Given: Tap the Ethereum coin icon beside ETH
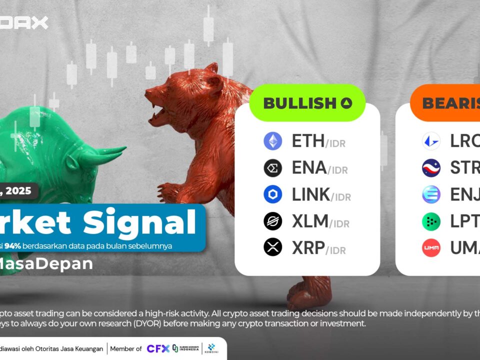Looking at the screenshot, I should tap(273, 141).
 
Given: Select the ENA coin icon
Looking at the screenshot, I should tap(273, 168).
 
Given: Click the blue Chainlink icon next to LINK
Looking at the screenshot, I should tap(273, 194).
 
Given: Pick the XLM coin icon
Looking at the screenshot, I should tap(273, 220).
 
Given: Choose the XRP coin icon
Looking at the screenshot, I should tap(273, 247).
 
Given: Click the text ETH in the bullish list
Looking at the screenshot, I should tap(308, 141).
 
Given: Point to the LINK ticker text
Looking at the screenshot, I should tap(311, 194).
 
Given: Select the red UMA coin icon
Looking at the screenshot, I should tap(431, 247).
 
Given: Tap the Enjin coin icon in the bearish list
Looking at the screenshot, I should tap(431, 194).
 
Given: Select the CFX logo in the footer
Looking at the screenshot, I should tap(157, 348).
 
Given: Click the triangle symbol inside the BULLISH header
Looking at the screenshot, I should tap(346, 103).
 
